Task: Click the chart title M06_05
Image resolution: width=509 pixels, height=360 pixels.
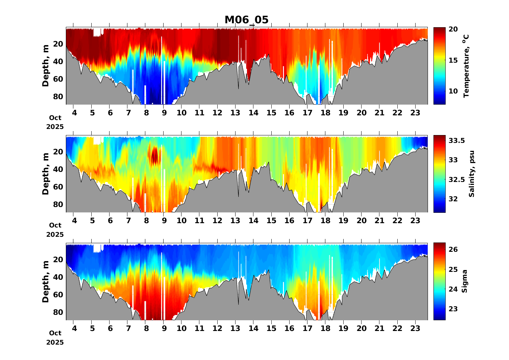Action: pos(246,20)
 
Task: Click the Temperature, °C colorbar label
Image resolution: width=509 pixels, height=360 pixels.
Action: pos(466,66)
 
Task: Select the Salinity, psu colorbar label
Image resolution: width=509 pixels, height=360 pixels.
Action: pos(472,174)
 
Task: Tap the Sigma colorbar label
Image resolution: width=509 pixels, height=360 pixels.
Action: pos(465,282)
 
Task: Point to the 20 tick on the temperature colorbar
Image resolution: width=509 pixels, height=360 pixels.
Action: pos(453,29)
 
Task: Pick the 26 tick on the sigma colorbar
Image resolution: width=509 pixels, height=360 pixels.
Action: pos(453,249)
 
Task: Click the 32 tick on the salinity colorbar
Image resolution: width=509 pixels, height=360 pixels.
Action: pos(453,199)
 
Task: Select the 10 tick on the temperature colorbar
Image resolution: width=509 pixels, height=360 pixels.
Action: pos(453,91)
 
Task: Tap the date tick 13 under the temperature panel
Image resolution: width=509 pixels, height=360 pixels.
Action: pos(235,113)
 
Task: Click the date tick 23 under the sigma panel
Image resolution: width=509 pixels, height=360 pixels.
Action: pos(415,328)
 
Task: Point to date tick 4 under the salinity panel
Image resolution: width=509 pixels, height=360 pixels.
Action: pos(74,221)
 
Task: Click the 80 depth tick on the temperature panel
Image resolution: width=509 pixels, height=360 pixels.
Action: pos(58,97)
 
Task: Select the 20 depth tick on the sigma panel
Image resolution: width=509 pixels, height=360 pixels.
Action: pos(58,260)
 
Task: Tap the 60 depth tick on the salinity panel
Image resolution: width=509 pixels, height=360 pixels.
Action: pos(58,187)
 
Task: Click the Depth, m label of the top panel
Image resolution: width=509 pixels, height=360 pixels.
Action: pos(45,66)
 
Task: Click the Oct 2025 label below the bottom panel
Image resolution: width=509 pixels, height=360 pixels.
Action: pos(55,338)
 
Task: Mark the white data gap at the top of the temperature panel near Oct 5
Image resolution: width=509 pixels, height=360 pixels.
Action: pos(97,32)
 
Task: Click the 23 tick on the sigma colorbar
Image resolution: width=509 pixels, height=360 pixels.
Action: pos(453,309)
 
